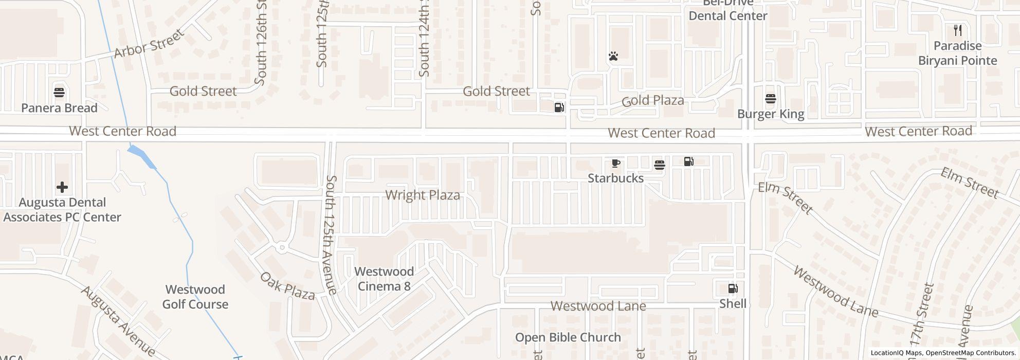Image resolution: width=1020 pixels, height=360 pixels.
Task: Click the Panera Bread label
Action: click(x=59, y=108)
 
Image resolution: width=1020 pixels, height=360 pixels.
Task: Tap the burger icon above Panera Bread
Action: click(x=59, y=93)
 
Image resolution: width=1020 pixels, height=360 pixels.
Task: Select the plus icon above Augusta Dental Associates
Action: click(x=62, y=187)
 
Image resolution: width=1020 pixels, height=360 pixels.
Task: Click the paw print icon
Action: click(x=613, y=56)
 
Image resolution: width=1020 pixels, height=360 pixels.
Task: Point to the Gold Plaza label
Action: click(x=652, y=101)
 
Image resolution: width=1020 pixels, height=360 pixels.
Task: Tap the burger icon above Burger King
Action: click(x=770, y=99)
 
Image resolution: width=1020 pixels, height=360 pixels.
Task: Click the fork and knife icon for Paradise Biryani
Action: click(x=957, y=30)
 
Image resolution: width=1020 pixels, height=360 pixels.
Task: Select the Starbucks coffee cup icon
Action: click(x=615, y=164)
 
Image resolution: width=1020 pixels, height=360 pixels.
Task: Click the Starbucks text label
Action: click(x=615, y=178)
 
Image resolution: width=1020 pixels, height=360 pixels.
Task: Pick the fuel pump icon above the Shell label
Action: click(x=733, y=289)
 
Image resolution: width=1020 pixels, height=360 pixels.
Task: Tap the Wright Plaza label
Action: click(x=422, y=195)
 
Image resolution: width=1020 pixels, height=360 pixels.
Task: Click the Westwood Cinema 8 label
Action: click(x=384, y=279)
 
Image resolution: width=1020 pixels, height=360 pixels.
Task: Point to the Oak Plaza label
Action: click(x=287, y=286)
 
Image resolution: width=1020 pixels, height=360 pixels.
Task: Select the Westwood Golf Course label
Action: click(x=195, y=297)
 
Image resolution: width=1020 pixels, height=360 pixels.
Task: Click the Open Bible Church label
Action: click(x=568, y=338)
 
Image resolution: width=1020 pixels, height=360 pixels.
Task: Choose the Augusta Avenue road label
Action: click(x=118, y=322)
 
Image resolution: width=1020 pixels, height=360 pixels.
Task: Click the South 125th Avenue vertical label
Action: click(x=331, y=235)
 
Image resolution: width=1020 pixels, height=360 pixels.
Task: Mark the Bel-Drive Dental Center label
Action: click(x=727, y=10)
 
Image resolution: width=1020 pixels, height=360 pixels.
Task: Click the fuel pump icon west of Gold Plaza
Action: click(x=559, y=107)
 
